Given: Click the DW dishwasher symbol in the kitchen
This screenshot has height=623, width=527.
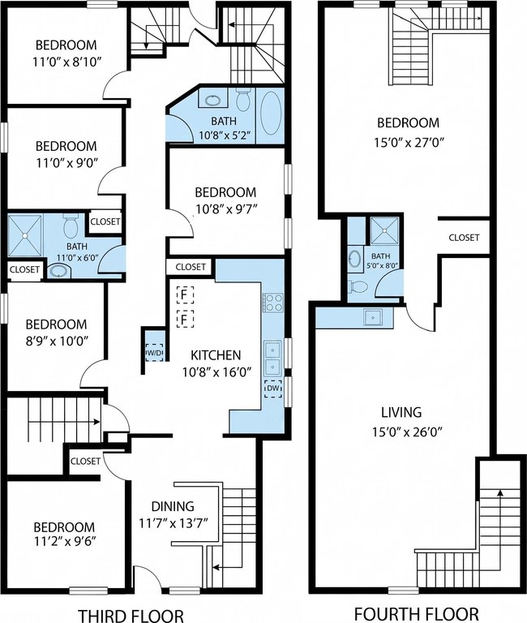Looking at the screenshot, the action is (x=273, y=389).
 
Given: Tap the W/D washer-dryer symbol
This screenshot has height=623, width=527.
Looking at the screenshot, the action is (x=155, y=352).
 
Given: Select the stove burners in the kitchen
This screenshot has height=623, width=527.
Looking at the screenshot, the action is (x=273, y=303).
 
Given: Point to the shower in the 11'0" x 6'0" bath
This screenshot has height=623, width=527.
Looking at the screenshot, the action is (x=25, y=235).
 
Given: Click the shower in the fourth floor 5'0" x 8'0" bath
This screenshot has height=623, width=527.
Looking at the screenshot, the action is (x=384, y=230).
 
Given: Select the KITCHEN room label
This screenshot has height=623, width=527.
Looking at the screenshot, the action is (x=216, y=354).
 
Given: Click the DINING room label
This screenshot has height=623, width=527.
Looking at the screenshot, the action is (x=173, y=506).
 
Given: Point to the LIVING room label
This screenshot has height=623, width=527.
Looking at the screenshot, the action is (x=401, y=412).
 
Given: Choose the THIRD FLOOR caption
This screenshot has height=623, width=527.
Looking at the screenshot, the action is (x=131, y=615).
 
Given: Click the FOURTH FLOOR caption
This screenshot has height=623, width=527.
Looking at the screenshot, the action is (x=416, y=613).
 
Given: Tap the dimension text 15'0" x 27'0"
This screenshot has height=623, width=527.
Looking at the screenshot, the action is (x=409, y=142).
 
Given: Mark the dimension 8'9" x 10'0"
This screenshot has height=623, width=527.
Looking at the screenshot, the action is (x=57, y=341).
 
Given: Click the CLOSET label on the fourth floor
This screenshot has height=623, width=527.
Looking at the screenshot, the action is (x=464, y=238).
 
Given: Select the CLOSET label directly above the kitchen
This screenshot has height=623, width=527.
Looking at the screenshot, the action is (x=191, y=267).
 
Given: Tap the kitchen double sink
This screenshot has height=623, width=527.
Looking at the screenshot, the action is (x=273, y=359).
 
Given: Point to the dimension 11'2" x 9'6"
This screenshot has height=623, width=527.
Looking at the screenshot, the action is (x=64, y=541).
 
